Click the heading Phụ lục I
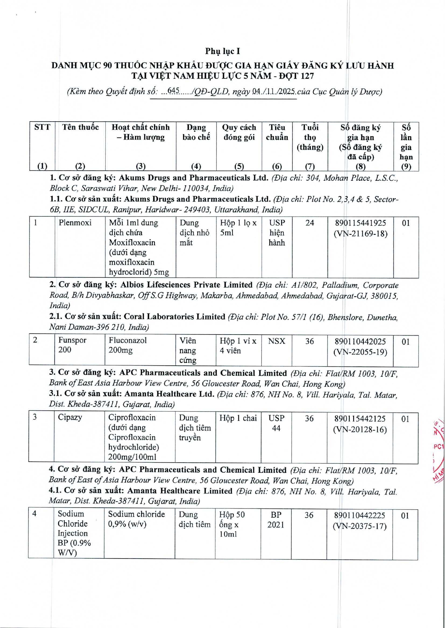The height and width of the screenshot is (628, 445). [222, 51]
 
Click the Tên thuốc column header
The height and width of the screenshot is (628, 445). [80, 127]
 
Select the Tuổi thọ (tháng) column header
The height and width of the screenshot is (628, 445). [310, 137]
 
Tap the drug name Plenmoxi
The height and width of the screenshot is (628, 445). [75, 223]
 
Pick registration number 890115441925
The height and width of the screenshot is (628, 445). [360, 223]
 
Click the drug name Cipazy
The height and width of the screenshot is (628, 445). [70, 417]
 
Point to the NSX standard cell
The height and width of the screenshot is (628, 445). [276, 341]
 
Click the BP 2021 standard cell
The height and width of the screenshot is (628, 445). [276, 520]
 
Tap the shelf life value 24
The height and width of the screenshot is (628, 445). [310, 223]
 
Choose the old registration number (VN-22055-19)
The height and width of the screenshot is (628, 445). [360, 352]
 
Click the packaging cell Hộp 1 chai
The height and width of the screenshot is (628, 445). [238, 418]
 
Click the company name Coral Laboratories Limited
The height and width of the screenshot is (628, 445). [174, 317]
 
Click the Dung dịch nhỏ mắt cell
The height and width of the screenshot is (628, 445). [194, 233]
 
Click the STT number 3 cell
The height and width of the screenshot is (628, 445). [35, 417]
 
